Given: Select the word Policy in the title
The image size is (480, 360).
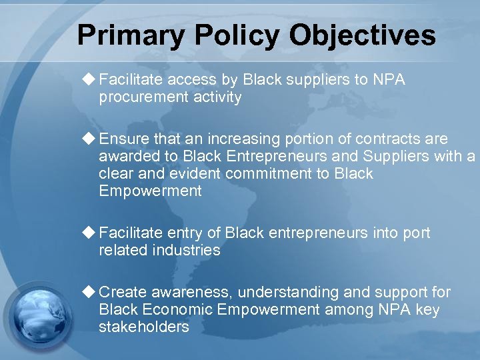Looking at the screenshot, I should pyautogui.click(x=225, y=35).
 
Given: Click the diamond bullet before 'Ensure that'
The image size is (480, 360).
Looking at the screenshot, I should pyautogui.click(x=89, y=139).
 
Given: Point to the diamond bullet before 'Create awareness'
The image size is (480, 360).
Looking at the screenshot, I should pyautogui.click(x=89, y=292).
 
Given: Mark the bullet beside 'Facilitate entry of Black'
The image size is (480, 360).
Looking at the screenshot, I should pyautogui.click(x=89, y=233).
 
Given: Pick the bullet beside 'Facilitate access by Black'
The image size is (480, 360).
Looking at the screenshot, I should pyautogui.click(x=89, y=80).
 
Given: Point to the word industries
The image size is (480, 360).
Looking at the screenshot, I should pyautogui.click(x=187, y=250).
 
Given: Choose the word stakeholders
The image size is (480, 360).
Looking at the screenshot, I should pyautogui.click(x=143, y=327).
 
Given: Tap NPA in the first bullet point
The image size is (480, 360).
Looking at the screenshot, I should pyautogui.click(x=389, y=80).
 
